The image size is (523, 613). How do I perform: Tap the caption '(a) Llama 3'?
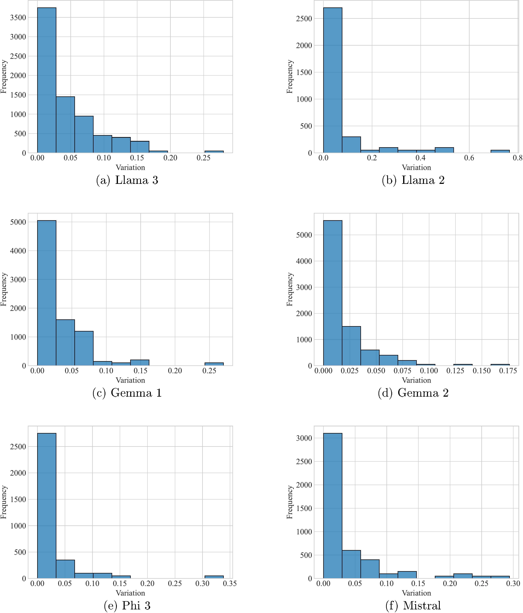[127, 180]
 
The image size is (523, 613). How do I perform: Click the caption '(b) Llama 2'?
[413, 180]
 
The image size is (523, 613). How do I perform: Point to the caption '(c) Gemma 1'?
[127, 393]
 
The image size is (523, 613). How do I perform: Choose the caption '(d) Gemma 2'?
[413, 393]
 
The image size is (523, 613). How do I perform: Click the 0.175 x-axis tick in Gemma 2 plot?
[508, 371]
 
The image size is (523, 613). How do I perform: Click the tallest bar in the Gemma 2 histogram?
[332, 293]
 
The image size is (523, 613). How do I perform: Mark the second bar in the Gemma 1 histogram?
[65, 343]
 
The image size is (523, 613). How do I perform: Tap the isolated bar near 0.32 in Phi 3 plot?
[214, 577]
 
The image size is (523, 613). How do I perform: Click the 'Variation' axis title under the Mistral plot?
[416, 593]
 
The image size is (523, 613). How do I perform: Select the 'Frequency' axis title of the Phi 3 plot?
[4, 502]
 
